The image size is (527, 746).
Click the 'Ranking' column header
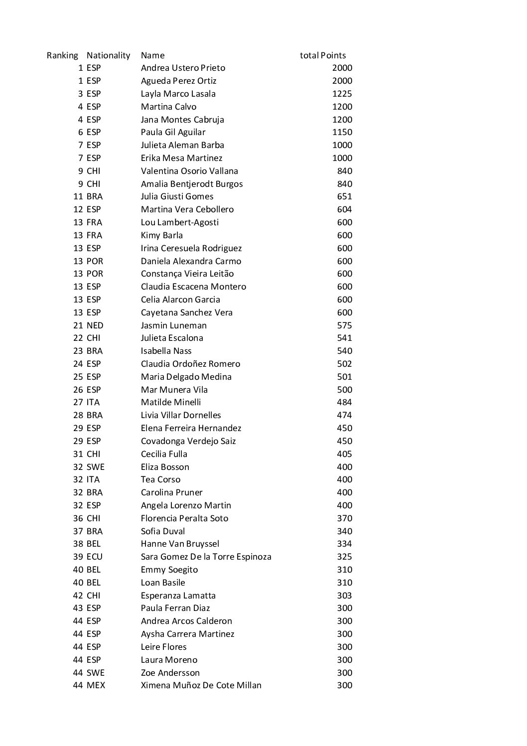click(x=62, y=55)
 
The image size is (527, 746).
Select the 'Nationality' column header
click(x=108, y=55)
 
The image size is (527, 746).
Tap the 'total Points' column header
click(x=323, y=55)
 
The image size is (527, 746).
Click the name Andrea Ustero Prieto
click(x=183, y=68)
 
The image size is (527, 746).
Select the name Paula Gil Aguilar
click(x=173, y=132)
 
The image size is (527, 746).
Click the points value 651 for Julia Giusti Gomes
click(x=344, y=196)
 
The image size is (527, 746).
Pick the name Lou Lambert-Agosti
click(x=179, y=222)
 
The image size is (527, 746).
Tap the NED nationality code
click(x=95, y=325)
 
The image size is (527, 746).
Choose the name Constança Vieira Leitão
click(x=187, y=274)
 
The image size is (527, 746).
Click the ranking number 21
click(x=78, y=325)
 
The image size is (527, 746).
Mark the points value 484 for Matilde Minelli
click(x=344, y=402)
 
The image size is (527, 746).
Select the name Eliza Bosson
click(x=165, y=467)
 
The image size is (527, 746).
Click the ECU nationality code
click(x=94, y=557)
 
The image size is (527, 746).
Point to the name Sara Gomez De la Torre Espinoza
click(x=206, y=557)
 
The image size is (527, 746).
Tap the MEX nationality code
click(x=96, y=685)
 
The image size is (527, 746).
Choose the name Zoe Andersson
click(x=170, y=673)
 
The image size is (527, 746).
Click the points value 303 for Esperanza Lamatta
click(x=344, y=596)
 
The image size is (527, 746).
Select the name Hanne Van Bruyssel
click(x=180, y=544)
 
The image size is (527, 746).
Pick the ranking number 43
click(x=78, y=608)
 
